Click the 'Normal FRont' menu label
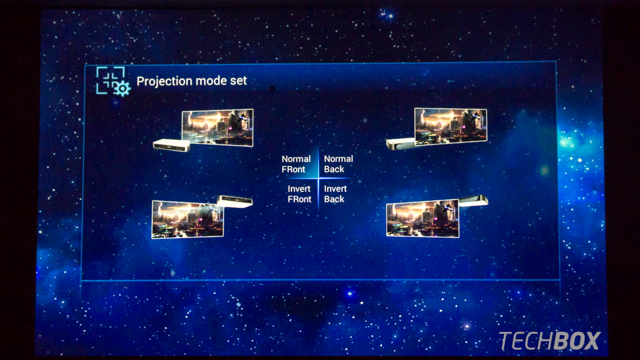click(296, 164)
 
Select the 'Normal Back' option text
click(339, 164)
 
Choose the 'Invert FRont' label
click(299, 194)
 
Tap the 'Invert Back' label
click(335, 194)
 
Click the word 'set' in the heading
click(238, 81)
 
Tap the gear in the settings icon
click(122, 89)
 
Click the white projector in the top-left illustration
click(172, 145)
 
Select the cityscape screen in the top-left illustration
click(217, 128)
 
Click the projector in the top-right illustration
click(400, 144)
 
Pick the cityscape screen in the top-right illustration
click(451, 127)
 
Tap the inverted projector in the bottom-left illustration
click(235, 201)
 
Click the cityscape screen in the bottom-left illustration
click(187, 219)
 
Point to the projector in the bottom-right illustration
click(473, 200)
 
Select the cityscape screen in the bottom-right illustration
click(423, 219)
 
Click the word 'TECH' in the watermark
click(524, 341)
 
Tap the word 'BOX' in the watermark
click(575, 341)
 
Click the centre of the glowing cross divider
click(318, 178)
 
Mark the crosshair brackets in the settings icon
click(110, 80)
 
